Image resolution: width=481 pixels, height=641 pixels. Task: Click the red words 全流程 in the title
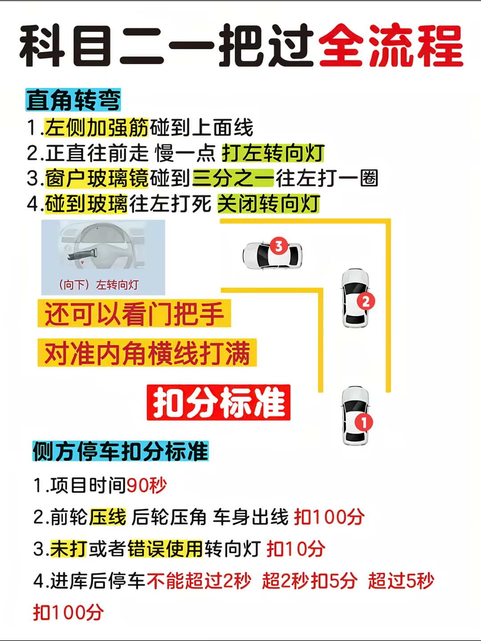click(x=391, y=46)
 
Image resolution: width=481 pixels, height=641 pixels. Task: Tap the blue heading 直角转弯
click(x=73, y=100)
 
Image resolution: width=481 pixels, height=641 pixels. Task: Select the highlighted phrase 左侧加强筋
click(x=96, y=128)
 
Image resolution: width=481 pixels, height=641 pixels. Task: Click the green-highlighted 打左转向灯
click(x=273, y=153)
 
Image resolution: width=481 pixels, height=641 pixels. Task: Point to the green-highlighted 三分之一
click(x=233, y=178)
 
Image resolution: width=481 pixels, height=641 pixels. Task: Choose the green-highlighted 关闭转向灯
click(x=269, y=203)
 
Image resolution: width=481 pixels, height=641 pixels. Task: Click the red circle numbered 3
click(x=279, y=246)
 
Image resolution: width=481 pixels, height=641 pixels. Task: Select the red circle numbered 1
click(x=363, y=422)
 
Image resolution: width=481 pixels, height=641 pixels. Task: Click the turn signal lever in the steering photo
click(x=82, y=254)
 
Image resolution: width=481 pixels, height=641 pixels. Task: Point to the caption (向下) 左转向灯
click(x=98, y=285)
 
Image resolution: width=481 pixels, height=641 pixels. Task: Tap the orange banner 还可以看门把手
click(x=134, y=313)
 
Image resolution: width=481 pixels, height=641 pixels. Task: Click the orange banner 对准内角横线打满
click(x=147, y=353)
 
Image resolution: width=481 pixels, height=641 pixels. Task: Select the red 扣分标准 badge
click(x=218, y=402)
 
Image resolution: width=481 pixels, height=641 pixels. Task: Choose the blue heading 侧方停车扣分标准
click(x=120, y=451)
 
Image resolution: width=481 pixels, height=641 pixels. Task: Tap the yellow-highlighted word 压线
click(x=108, y=517)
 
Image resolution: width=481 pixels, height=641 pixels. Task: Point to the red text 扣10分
click(x=296, y=549)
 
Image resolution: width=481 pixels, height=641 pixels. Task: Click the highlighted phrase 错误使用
click(x=165, y=549)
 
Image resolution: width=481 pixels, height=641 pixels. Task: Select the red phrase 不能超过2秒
click(x=199, y=580)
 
